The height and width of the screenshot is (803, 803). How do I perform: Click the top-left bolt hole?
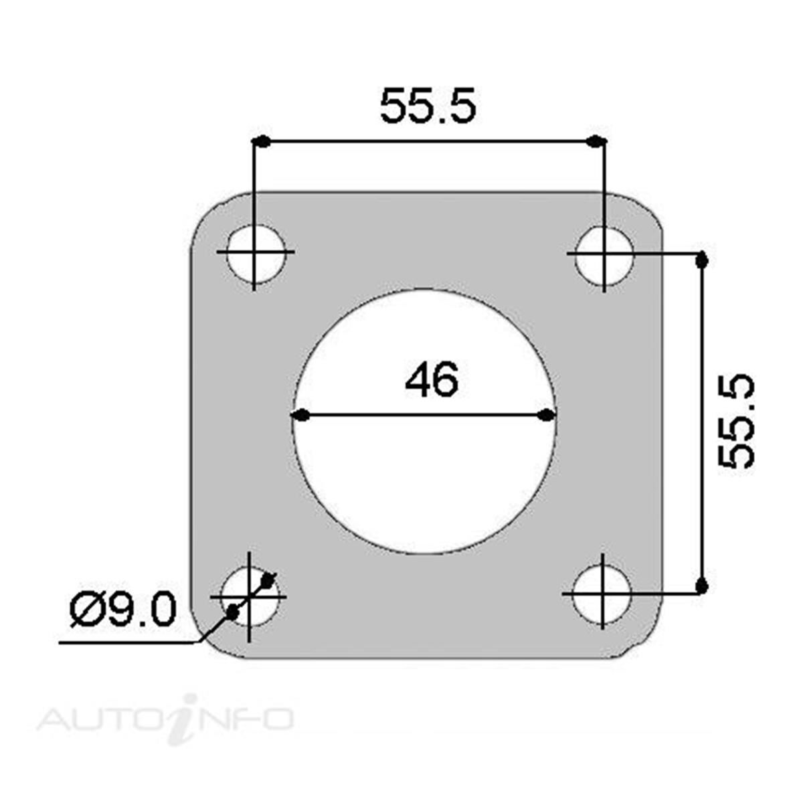click(x=255, y=253)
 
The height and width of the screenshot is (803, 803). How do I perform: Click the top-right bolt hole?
click(x=604, y=254)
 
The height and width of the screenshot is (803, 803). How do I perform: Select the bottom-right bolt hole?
click(x=602, y=593)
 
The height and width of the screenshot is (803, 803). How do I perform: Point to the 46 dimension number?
click(x=432, y=379)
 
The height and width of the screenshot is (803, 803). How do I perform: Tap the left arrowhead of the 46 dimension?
click(x=301, y=416)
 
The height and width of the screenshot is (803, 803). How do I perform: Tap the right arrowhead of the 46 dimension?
click(x=547, y=416)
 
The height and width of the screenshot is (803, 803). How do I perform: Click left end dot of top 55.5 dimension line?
click(x=263, y=141)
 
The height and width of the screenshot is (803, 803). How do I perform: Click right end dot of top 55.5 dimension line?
click(x=595, y=141)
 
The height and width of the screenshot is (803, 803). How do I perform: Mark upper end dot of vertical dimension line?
click(x=701, y=260)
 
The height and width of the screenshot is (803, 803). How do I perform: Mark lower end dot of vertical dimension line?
click(x=701, y=586)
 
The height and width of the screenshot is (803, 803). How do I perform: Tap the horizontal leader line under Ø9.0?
click(x=127, y=643)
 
